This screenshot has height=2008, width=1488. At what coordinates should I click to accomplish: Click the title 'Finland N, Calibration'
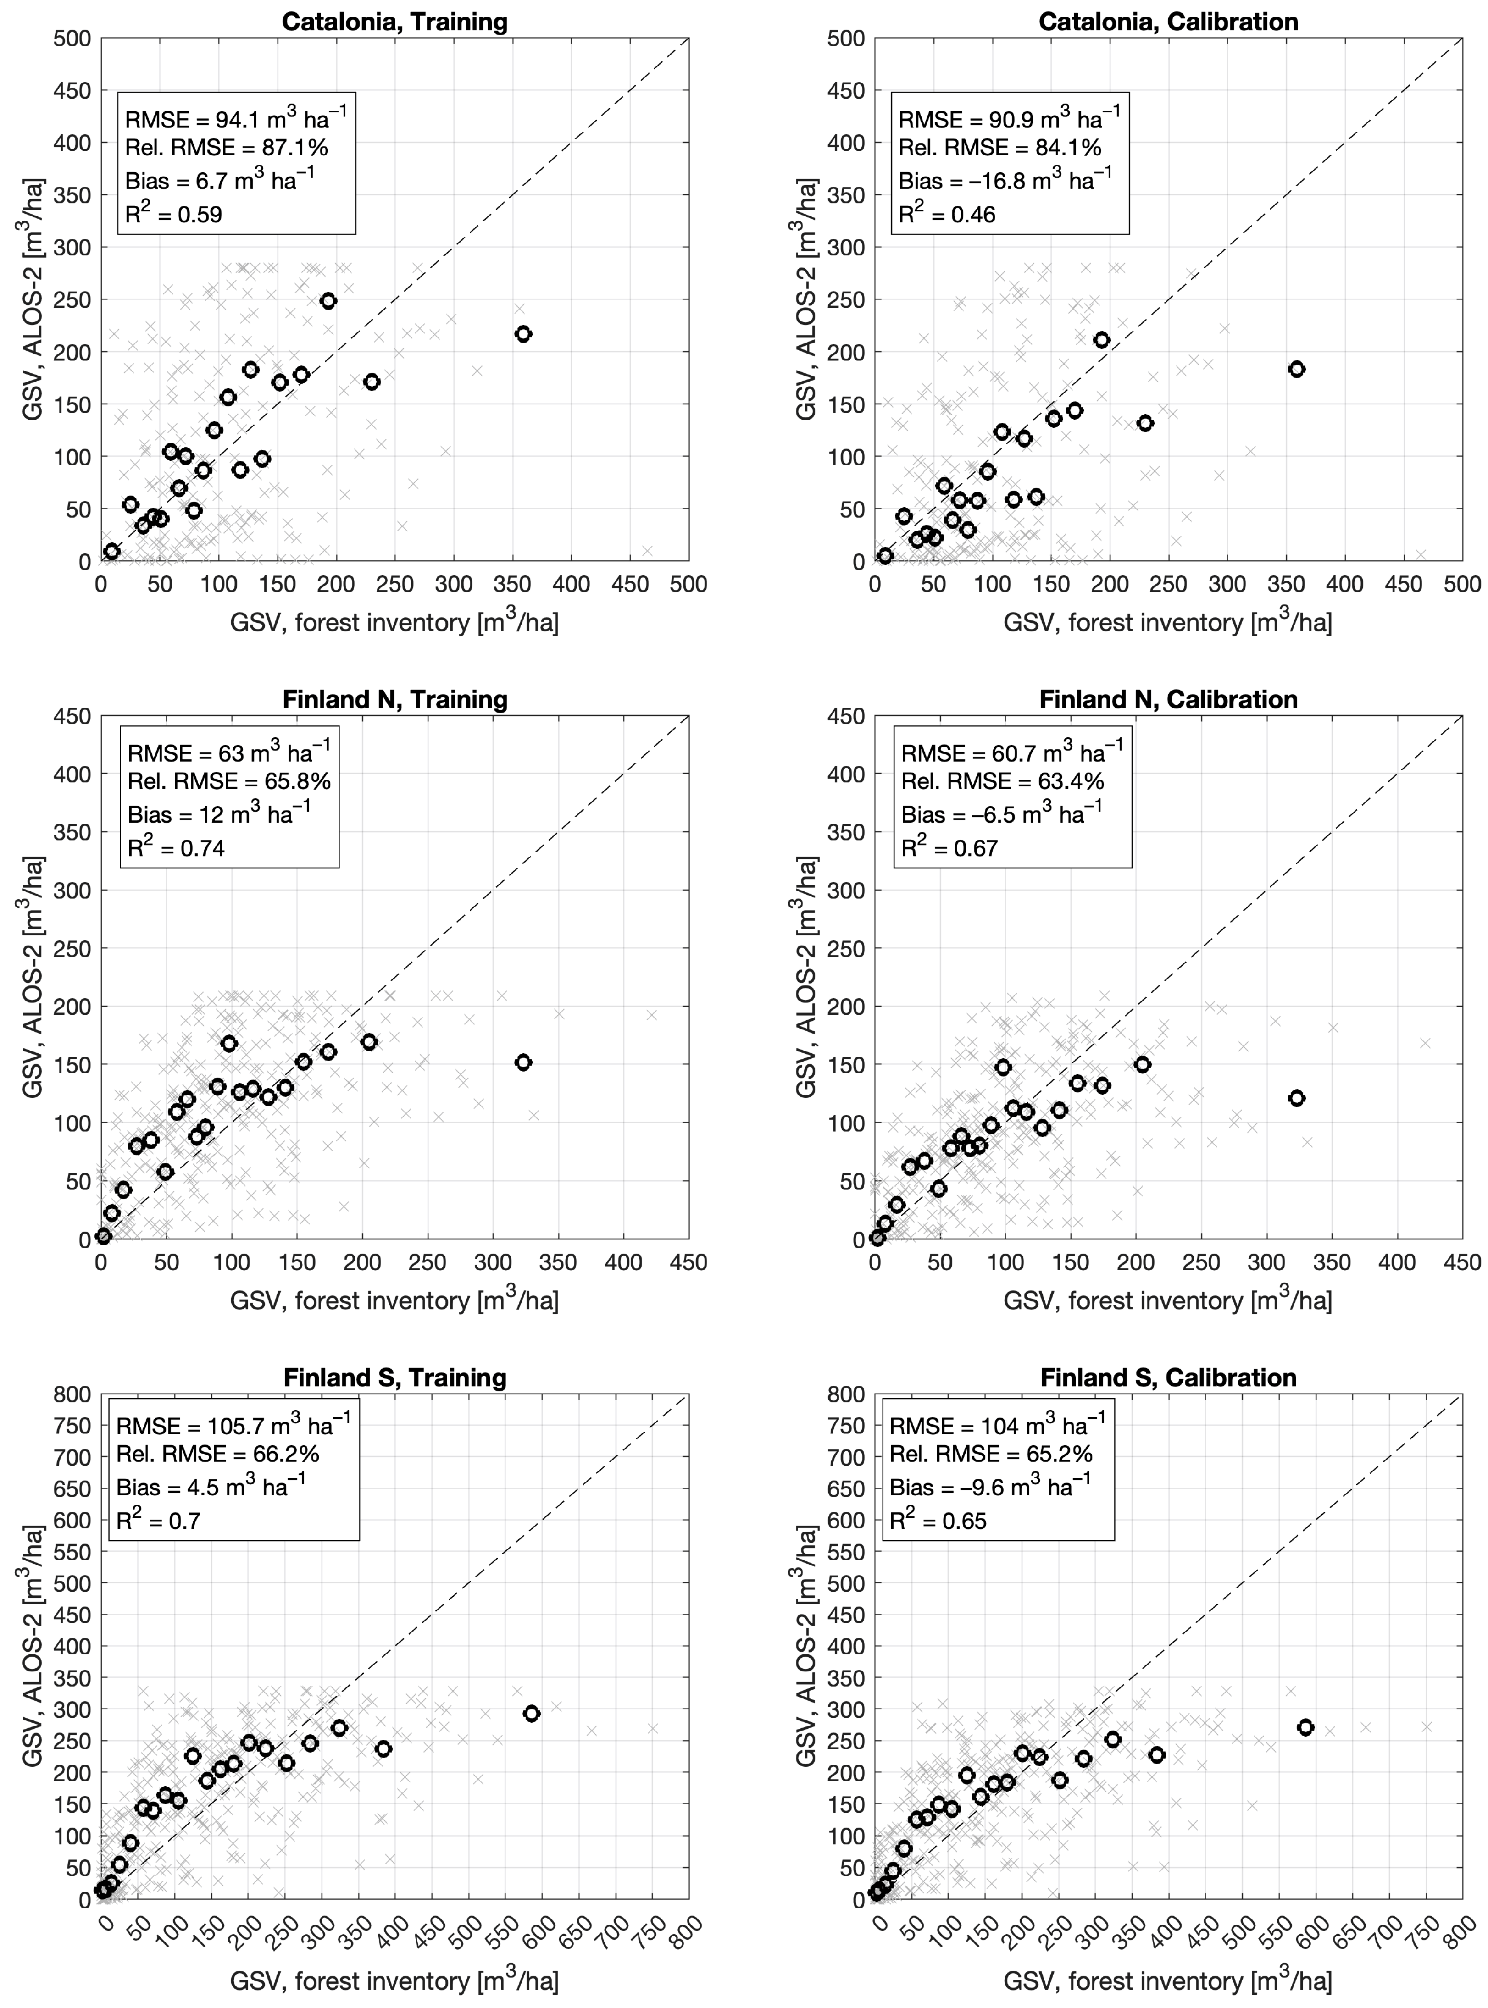pyautogui.click(x=1168, y=700)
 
